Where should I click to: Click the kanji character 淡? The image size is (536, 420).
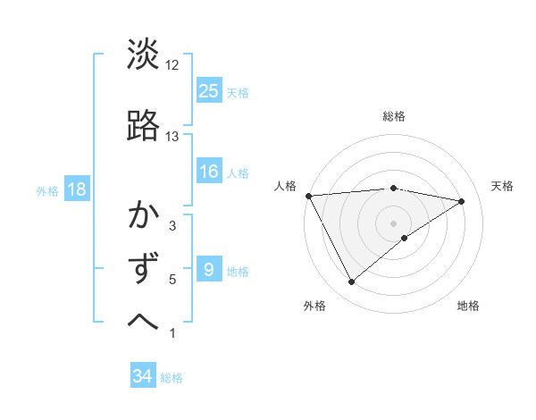point(144,55)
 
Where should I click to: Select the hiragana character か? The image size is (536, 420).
point(144,218)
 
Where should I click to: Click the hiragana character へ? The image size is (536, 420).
point(144,321)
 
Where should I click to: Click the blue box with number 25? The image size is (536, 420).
point(209,90)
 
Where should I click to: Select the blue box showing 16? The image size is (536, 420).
point(209,172)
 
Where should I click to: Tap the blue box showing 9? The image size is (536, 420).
point(209,270)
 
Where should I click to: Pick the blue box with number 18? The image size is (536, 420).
point(77,189)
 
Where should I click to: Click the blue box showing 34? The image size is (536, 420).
point(143,376)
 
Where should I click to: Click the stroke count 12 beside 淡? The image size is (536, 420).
point(172,65)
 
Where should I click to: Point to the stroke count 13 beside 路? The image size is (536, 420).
point(172,137)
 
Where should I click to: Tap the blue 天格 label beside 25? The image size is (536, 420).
point(238,92)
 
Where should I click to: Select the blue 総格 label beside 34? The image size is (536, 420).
point(172,378)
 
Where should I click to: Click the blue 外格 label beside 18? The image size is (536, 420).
point(46,190)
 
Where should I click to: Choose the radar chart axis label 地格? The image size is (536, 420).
point(468,306)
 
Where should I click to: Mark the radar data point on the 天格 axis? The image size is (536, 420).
point(462,201)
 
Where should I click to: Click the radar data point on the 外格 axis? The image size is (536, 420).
point(351,282)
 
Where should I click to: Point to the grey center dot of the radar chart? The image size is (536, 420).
point(393,223)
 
